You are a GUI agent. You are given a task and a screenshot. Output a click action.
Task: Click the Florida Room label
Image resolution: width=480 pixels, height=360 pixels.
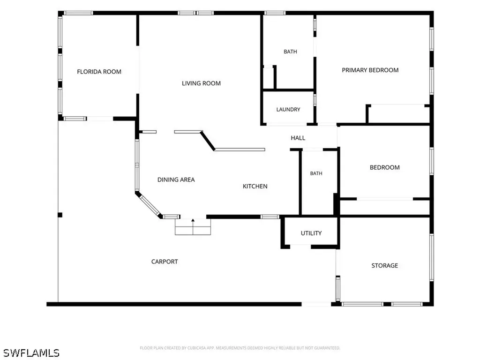pyautogui.click(x=99, y=72)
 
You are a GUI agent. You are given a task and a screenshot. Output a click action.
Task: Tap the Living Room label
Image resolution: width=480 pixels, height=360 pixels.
pyautogui.click(x=201, y=83)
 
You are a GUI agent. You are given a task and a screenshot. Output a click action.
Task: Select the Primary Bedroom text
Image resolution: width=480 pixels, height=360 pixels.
pyautogui.click(x=370, y=70)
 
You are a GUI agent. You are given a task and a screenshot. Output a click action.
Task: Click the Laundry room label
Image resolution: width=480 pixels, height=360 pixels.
pyautogui.click(x=288, y=109)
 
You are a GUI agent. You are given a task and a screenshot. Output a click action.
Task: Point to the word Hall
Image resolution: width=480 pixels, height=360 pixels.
pyautogui.click(x=298, y=138)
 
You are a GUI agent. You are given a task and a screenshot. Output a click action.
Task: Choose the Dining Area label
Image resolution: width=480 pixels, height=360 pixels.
pyautogui.click(x=176, y=180)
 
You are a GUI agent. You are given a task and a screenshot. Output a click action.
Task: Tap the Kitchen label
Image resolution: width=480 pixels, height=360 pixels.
pyautogui.click(x=255, y=186)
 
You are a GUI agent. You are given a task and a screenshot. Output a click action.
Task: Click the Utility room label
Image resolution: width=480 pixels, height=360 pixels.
pyautogui.click(x=311, y=233)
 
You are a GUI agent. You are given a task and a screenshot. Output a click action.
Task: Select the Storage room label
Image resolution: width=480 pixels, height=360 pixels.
pyautogui.click(x=384, y=265)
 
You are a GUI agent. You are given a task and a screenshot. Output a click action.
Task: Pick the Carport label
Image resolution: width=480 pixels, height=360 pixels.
pyautogui.click(x=165, y=262)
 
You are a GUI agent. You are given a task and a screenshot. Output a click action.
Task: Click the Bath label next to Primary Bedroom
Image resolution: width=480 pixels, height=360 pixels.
pyautogui.click(x=290, y=52)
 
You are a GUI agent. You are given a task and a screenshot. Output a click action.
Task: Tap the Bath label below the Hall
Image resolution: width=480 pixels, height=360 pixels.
pyautogui.click(x=316, y=173)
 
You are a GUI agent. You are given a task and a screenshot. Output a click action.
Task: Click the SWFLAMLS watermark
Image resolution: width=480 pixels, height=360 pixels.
pyautogui.click(x=31, y=352)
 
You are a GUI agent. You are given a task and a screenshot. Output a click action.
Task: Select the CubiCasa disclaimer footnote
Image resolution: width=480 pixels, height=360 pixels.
pyautogui.click(x=240, y=348)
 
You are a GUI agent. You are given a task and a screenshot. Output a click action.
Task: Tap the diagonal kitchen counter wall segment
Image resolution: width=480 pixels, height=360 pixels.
pyautogui.click(x=208, y=141)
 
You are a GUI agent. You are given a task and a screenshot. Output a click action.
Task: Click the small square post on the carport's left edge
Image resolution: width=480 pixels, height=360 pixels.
pyautogui.click(x=60, y=215)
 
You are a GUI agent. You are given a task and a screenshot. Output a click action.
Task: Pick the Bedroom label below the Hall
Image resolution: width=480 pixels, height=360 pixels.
pyautogui.click(x=384, y=167)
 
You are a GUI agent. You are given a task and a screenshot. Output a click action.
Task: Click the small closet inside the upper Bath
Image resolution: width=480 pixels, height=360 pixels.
pyautogui.click(x=269, y=77)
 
